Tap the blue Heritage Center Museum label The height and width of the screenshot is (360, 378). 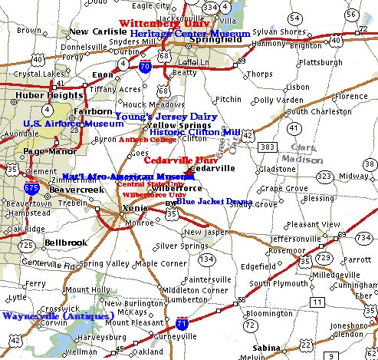pos(190,35)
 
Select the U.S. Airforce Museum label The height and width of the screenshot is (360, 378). pos(73,124)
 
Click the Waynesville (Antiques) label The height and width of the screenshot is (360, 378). pos(58,315)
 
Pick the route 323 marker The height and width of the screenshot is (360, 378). pos(325,176)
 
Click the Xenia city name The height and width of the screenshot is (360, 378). pos(115,209)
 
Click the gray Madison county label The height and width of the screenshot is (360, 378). pos(307,159)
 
